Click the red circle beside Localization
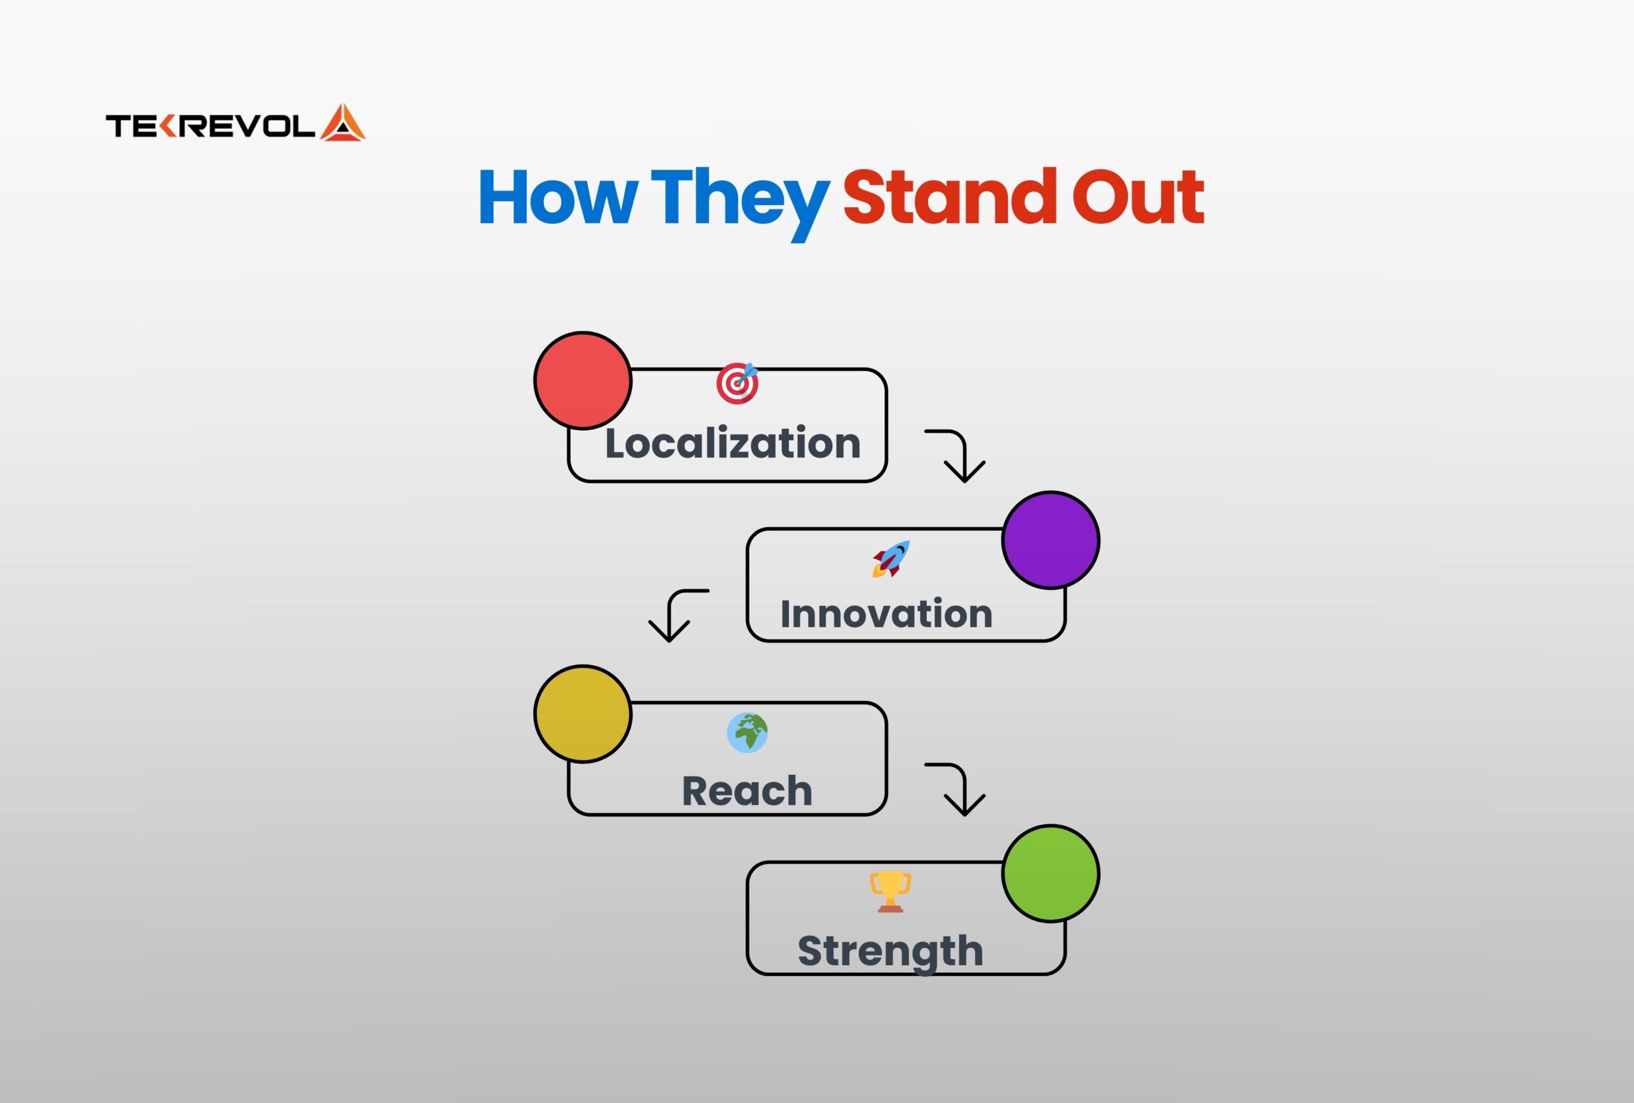tap(583, 380)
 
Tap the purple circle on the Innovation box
tap(1051, 540)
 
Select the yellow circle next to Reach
tap(583, 714)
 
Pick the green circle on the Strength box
tap(1051, 873)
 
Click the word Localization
tap(733, 443)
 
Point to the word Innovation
tap(886, 613)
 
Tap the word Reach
tap(747, 790)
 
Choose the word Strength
tap(890, 952)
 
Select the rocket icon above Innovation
tap(891, 559)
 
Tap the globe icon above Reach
tap(747, 733)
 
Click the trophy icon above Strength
tap(890, 891)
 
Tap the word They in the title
tap(740, 204)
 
